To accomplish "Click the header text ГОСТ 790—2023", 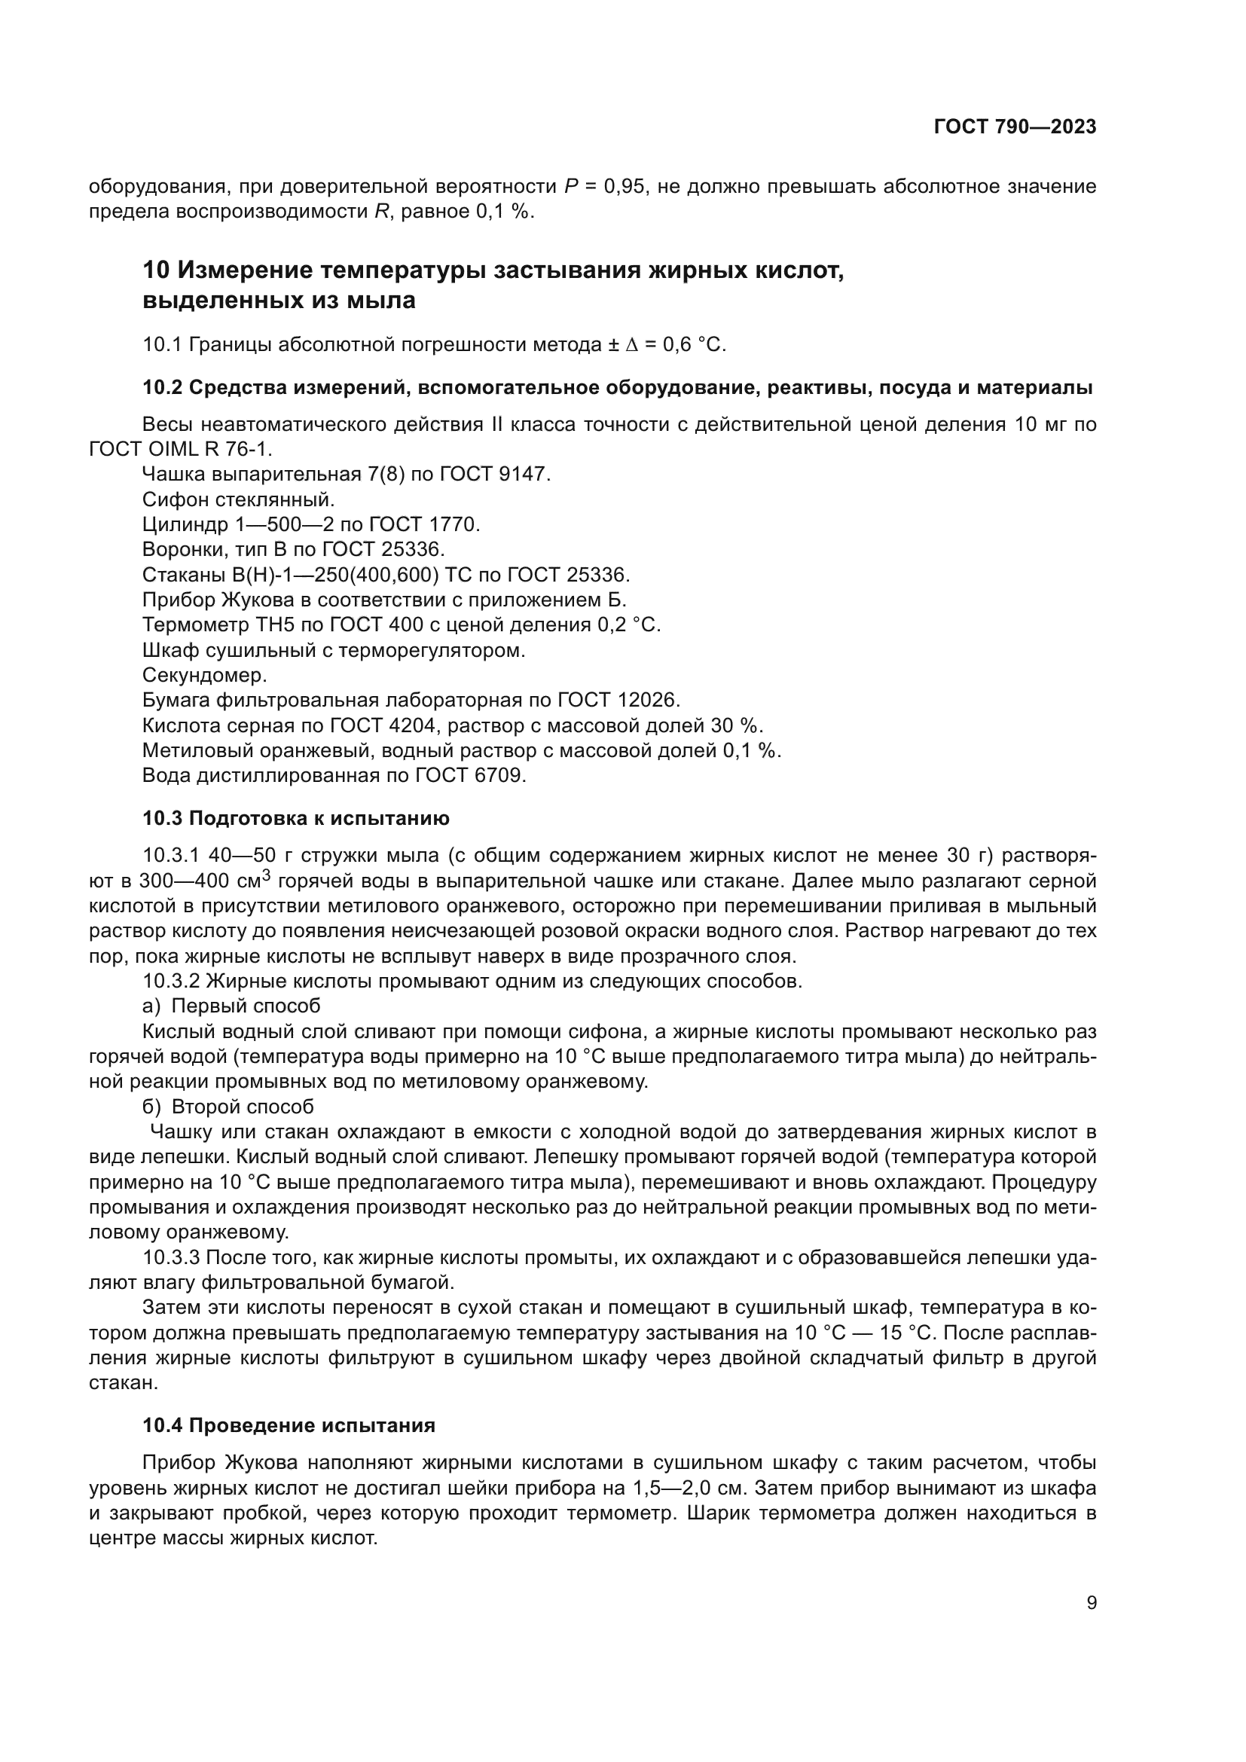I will pyautogui.click(x=1014, y=127).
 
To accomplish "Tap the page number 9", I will pyautogui.click(x=1092, y=1602).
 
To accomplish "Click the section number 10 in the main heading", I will pyautogui.click(x=155, y=271).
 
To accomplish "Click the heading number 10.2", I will pyautogui.click(x=162, y=388).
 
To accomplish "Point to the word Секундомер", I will pyautogui.click(x=205, y=675).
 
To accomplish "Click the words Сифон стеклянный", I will pyautogui.click(x=239, y=499).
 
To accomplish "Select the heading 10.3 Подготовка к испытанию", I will pyautogui.click(x=295, y=818).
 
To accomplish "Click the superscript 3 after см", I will pyautogui.click(x=267, y=873).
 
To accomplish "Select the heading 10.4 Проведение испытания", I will pyautogui.click(x=289, y=1426).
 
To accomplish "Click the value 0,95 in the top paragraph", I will pyautogui.click(x=624, y=187).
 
